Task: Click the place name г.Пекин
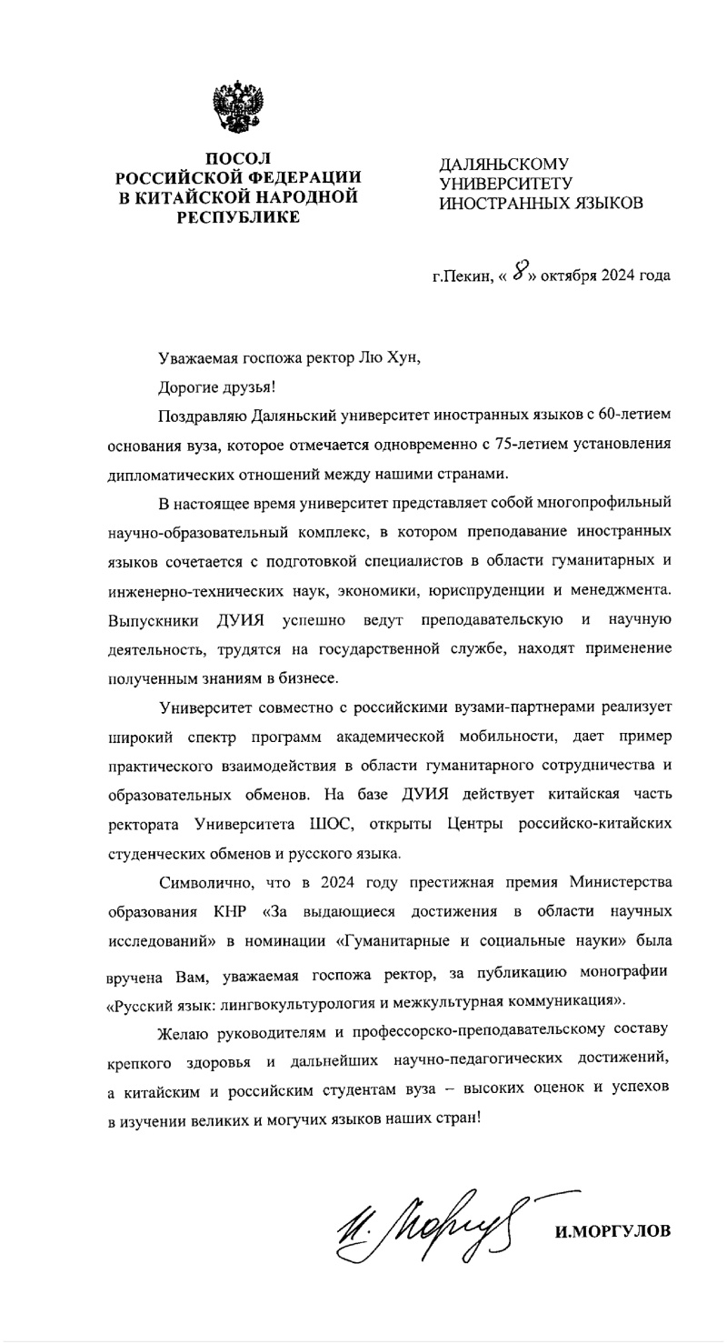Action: tap(462, 275)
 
